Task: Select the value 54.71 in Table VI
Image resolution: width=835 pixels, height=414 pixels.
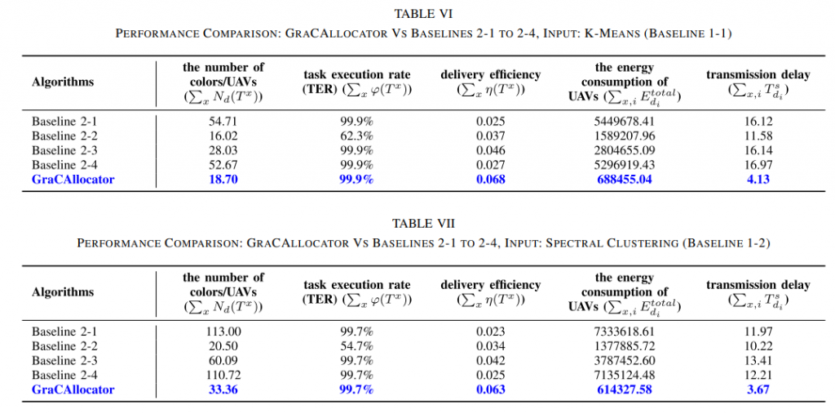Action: pos(223,121)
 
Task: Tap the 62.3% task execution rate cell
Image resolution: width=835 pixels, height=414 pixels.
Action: pos(357,136)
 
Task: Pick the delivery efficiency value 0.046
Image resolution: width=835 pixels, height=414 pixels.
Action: pos(490,150)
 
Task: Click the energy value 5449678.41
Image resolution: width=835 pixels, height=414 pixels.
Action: pos(626,121)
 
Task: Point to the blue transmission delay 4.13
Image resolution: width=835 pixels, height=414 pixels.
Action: pos(758,180)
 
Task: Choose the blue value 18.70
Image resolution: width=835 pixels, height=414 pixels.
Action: pos(223,180)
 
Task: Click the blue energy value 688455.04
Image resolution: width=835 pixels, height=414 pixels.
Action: pos(626,180)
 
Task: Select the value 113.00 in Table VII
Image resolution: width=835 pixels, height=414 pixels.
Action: pos(223,332)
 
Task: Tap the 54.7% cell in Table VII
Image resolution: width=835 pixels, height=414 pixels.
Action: pos(357,346)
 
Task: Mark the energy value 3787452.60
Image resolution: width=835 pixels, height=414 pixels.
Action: pos(626,361)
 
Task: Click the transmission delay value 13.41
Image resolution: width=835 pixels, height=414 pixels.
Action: pos(758,361)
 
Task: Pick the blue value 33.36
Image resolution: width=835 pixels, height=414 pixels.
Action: pos(223,390)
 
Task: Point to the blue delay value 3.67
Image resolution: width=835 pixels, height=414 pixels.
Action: pos(758,390)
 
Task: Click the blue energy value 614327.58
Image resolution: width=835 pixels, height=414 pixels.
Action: pos(626,390)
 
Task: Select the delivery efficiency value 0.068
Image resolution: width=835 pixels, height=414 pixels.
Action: pos(490,180)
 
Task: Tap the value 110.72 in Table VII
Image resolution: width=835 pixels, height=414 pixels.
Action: pos(223,376)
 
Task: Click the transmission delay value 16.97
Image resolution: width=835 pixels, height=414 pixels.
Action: pos(758,165)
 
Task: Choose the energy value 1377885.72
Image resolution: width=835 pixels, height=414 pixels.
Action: pos(626,346)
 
